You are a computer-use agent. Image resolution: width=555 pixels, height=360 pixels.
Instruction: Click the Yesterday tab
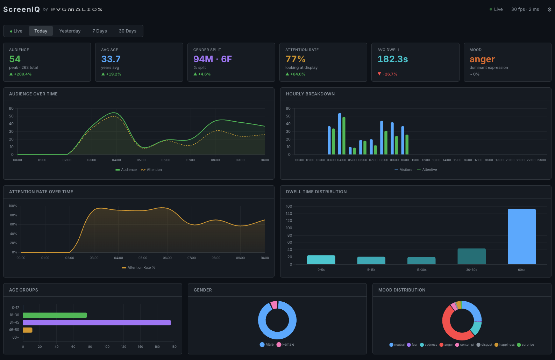tap(70, 31)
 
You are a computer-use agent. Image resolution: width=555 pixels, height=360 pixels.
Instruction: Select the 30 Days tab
tap(127, 31)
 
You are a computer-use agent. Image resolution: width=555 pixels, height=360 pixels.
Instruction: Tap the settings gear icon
tap(549, 9)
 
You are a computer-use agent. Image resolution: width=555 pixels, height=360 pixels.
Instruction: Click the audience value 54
tap(15, 59)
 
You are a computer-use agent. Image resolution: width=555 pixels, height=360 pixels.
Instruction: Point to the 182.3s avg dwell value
tap(392, 59)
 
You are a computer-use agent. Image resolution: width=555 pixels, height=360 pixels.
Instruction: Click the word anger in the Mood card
tap(482, 59)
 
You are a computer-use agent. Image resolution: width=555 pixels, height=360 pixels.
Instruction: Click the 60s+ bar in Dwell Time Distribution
tap(521, 236)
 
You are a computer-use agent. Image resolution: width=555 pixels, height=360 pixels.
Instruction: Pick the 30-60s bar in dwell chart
tap(471, 256)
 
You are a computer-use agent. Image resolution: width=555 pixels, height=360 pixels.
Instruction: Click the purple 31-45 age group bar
tap(97, 323)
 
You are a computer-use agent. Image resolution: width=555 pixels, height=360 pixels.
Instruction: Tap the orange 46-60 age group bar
tap(28, 330)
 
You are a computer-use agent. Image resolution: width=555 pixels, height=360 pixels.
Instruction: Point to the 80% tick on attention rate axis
tap(13, 215)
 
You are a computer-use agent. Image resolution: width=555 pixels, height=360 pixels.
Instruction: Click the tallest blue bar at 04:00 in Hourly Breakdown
tap(340, 134)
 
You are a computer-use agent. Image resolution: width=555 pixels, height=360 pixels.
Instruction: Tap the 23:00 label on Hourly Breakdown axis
tap(541, 160)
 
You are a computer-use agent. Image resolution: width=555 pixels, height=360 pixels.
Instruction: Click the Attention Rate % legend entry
tap(139, 268)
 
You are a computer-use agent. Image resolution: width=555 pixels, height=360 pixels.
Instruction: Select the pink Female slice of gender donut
tap(274, 305)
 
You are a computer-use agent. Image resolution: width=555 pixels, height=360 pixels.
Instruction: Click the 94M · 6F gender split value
tap(212, 59)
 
